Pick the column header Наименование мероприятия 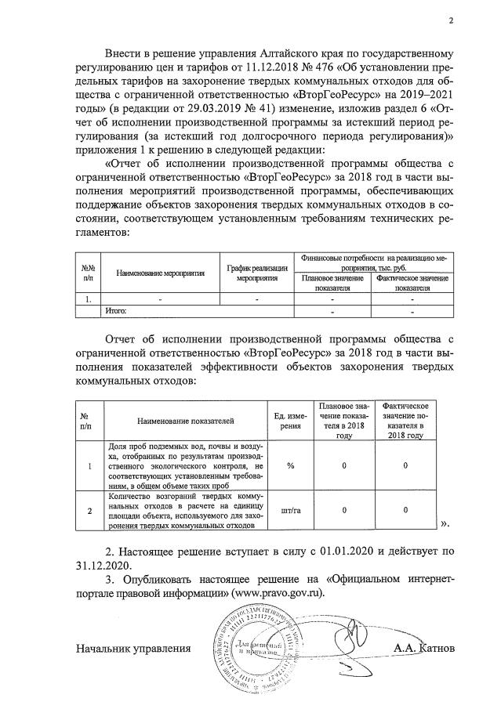(158, 273)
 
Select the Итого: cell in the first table (117, 311)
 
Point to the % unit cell (290, 466)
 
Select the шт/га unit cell (290, 510)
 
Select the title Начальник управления (133, 648)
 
